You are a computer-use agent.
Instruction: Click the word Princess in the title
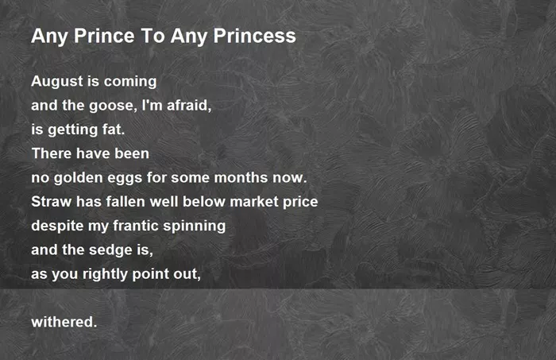click(x=255, y=36)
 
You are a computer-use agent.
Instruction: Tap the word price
click(x=300, y=203)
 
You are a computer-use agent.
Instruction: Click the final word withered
click(x=64, y=323)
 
